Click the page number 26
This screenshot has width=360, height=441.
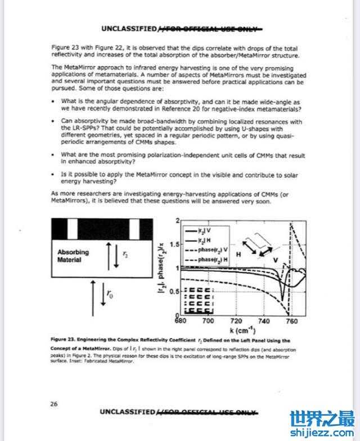55,403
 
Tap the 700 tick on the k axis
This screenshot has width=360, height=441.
208,321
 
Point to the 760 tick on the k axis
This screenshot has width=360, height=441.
291,321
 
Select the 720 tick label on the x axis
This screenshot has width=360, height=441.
236,321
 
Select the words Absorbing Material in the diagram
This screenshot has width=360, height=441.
73,256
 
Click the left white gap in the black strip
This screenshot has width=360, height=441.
72,229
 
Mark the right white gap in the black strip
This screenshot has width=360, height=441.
135,229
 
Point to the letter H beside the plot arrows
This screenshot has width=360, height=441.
238,254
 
